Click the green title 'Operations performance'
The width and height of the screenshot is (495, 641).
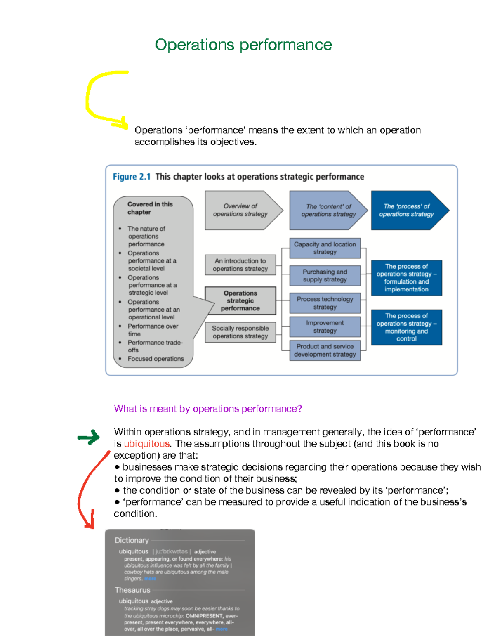click(x=243, y=45)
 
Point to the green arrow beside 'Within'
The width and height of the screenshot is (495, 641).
click(x=89, y=437)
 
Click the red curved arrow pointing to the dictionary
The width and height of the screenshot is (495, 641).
click(x=81, y=491)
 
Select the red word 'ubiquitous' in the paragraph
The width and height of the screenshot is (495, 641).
click(x=146, y=444)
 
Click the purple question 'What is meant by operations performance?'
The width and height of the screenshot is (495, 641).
click(x=208, y=409)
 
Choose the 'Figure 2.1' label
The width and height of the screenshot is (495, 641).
click(x=132, y=177)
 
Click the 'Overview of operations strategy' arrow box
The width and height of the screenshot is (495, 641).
click(x=240, y=210)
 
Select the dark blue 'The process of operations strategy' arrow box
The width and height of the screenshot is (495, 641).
click(x=406, y=210)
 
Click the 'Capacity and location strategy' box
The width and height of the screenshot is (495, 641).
click(x=325, y=248)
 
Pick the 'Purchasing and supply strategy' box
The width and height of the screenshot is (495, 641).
click(x=325, y=276)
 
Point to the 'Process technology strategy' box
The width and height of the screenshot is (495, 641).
click(x=325, y=303)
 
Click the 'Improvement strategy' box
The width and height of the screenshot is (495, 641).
click(x=325, y=327)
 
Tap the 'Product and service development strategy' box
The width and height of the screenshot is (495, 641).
click(x=325, y=350)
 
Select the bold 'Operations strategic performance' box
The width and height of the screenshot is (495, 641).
click(x=240, y=300)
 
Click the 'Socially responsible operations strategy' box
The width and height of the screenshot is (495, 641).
click(x=240, y=332)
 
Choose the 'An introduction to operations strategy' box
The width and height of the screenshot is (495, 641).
click(x=240, y=265)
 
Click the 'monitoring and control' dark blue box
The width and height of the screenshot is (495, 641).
click(x=406, y=327)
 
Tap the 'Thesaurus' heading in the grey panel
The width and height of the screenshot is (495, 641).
click(x=132, y=590)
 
